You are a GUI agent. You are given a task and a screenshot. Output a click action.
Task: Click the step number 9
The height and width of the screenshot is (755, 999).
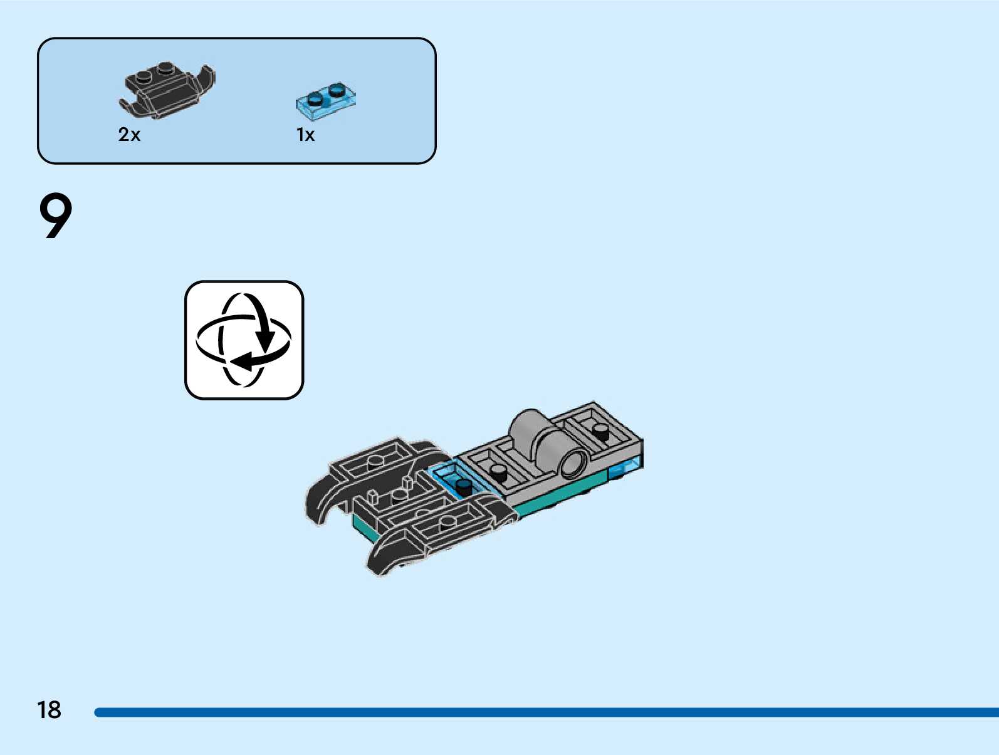tap(56, 216)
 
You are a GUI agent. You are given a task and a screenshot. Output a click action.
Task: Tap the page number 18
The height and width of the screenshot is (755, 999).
tap(49, 710)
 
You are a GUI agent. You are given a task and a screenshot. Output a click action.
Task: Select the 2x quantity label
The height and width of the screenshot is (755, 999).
tap(129, 135)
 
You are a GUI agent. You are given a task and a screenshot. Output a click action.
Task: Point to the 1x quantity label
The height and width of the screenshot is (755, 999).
tap(305, 135)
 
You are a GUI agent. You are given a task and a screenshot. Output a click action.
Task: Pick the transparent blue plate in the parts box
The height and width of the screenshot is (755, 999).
tap(326, 100)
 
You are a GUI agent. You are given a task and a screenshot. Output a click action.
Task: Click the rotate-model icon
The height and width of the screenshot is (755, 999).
tap(244, 340)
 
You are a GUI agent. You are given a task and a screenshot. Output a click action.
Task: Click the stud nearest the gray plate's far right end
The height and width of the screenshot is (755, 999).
tap(601, 430)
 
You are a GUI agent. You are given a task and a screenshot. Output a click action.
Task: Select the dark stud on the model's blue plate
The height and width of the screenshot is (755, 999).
tap(463, 485)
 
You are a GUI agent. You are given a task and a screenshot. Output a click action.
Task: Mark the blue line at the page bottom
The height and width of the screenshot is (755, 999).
tap(545, 712)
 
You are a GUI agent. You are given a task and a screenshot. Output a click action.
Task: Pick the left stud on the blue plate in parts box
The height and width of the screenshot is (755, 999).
tap(315, 98)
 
